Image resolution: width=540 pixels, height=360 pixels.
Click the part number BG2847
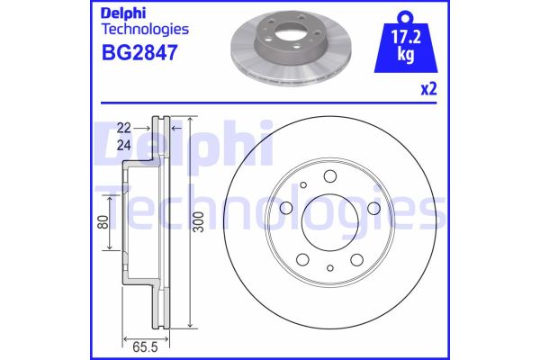coord(139,52)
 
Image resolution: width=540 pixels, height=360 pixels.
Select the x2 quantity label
coord(428,89)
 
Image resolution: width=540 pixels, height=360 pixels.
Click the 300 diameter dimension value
coord(199,222)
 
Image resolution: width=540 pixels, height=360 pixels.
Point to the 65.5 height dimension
coord(145,347)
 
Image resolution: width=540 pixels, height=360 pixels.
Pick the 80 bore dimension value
coord(103,222)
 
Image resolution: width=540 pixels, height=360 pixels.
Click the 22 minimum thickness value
coord(124,128)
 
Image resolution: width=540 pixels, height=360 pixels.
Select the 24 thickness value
coord(124,146)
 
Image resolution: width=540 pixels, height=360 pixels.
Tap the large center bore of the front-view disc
coord(330,222)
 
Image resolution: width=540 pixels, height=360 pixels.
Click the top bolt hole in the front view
coord(330,176)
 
